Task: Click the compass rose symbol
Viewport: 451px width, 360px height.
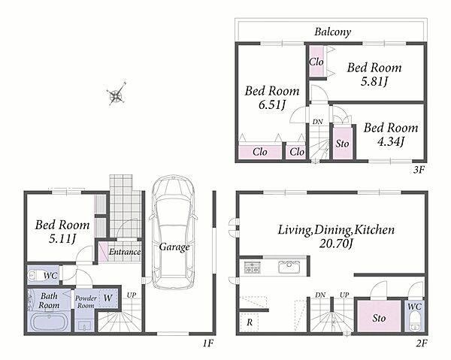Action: (116, 93)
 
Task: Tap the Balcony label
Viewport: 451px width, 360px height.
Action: (332, 32)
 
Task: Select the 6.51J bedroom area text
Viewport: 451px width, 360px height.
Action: (272, 105)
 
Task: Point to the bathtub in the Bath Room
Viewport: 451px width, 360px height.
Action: (49, 322)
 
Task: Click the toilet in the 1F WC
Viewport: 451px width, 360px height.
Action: (33, 276)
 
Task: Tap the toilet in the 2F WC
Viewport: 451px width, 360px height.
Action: (414, 323)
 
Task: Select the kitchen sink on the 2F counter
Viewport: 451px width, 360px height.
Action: (289, 267)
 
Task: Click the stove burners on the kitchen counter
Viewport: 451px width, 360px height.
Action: (253, 267)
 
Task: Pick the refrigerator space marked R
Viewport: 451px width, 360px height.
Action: (249, 322)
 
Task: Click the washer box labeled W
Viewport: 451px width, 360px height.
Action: (107, 298)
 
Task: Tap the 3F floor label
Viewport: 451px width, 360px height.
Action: (419, 170)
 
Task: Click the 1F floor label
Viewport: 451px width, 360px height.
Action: (207, 343)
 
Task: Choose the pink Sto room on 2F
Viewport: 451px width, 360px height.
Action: (379, 316)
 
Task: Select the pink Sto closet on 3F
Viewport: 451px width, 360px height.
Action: (342, 143)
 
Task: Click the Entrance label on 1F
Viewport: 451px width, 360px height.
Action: (125, 252)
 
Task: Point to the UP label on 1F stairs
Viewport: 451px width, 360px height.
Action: (131, 295)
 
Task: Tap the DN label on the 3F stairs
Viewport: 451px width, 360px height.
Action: (318, 122)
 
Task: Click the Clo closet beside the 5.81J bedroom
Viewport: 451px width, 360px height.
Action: (316, 62)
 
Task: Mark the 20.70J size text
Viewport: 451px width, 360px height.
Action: (336, 244)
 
